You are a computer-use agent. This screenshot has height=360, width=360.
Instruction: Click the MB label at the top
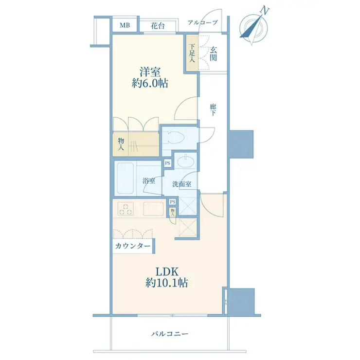(x=125, y=25)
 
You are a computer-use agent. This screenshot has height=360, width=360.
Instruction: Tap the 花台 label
(x=158, y=26)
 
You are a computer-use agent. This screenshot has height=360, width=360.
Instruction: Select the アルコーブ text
(x=203, y=22)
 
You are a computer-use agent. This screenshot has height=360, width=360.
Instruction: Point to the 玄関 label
(x=213, y=54)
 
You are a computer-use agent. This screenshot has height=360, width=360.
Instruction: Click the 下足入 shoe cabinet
(x=192, y=53)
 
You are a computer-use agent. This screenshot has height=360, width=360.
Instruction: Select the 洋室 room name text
(x=150, y=72)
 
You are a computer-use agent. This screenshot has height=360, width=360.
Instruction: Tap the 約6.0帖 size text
(x=150, y=83)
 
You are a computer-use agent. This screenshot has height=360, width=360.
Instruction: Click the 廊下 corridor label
(x=213, y=110)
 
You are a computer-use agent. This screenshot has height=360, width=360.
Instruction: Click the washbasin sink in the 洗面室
(x=185, y=161)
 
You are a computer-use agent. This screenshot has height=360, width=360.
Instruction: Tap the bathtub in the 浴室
(x=126, y=178)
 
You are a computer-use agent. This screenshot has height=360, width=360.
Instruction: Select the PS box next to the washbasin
(x=168, y=163)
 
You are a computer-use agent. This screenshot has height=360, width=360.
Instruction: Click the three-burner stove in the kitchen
(x=126, y=209)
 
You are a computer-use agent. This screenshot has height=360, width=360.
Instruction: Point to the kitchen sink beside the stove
(x=154, y=209)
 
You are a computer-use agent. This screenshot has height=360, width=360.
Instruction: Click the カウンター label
(x=133, y=246)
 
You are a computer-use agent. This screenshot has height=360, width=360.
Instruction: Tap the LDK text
(x=167, y=272)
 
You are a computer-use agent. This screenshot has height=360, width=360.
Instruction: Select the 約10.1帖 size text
(x=167, y=283)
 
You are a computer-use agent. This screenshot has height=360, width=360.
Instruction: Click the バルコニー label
(x=170, y=334)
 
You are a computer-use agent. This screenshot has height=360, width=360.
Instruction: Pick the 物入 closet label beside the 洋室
(x=121, y=144)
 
